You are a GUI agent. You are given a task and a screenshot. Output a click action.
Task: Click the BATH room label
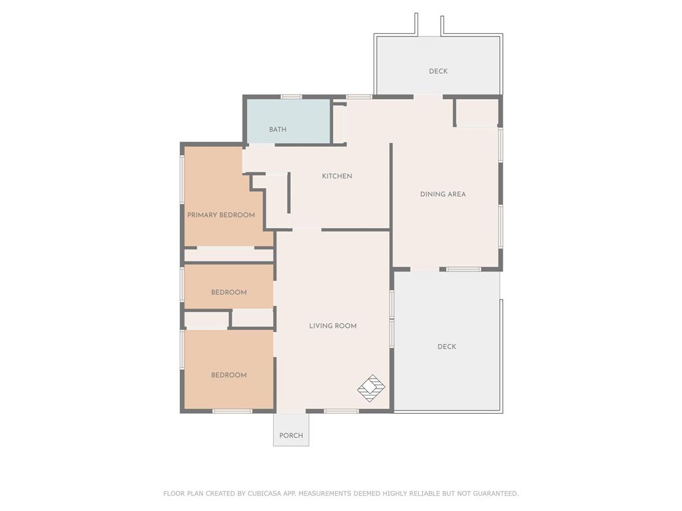click(x=278, y=130)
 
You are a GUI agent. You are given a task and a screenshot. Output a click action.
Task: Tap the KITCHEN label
click(x=337, y=176)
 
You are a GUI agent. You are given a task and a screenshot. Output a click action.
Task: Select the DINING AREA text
click(x=443, y=194)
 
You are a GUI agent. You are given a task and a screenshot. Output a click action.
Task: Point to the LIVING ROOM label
click(x=333, y=326)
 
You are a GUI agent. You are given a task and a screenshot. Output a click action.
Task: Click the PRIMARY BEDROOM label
click(x=221, y=215)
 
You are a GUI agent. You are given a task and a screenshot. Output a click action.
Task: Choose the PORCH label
click(x=291, y=435)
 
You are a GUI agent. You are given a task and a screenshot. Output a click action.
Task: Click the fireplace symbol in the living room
click(x=371, y=388)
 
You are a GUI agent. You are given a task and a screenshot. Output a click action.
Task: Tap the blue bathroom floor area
click(x=289, y=121)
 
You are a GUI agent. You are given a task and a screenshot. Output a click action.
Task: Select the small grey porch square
click(x=291, y=429)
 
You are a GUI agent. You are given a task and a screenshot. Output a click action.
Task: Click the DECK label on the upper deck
click(x=438, y=71)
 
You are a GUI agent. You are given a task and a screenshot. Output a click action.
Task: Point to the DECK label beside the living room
click(x=447, y=347)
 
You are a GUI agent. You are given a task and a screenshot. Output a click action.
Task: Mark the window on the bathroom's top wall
click(x=291, y=97)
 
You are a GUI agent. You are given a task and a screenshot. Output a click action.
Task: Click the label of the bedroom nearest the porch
click(x=229, y=375)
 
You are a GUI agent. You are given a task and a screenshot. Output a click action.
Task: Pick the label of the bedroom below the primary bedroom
click(x=229, y=293)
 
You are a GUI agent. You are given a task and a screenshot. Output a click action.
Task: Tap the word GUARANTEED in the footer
click(x=496, y=494)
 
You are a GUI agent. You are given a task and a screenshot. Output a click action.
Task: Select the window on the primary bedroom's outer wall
click(x=182, y=179)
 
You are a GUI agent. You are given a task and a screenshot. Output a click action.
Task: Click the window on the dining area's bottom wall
click(x=464, y=269)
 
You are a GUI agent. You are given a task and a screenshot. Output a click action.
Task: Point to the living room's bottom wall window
click(x=342, y=411)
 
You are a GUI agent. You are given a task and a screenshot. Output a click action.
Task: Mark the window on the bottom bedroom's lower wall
click(x=232, y=411)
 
